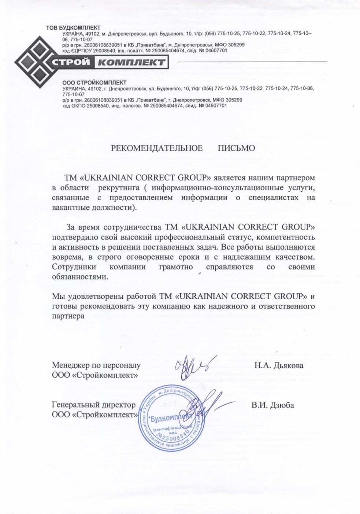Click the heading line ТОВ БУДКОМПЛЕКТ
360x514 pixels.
pos(73,28)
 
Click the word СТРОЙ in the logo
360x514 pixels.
pos(72,62)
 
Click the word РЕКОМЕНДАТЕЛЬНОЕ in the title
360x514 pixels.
pos(157,148)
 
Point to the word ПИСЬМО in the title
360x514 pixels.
pos(236,148)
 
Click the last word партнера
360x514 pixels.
pos(68,316)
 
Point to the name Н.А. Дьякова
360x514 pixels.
pos(279,365)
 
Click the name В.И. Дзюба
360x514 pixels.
pos(273,405)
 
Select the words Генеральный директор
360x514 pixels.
pos(94,405)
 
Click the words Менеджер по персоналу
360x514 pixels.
pos(96,365)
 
